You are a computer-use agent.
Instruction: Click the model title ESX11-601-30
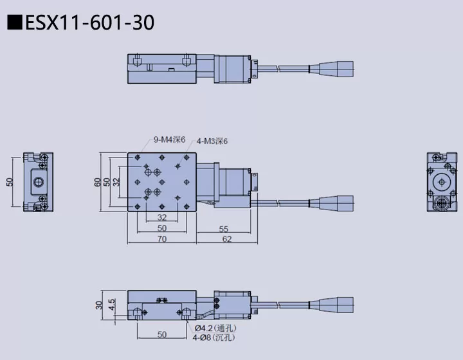[x=89, y=22]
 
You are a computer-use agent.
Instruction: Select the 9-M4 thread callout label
[x=169, y=139]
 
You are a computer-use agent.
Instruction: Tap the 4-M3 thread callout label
[x=212, y=141]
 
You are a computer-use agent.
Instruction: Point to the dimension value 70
[x=161, y=239]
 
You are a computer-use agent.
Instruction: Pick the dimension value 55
[x=223, y=228]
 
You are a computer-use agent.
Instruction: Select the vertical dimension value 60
[x=98, y=182]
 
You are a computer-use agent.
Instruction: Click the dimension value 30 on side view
[x=99, y=305]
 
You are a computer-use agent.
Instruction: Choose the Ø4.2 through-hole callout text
[x=215, y=328]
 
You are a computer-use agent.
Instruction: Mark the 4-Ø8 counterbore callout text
[x=213, y=337]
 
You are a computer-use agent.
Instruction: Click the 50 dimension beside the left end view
[x=9, y=182]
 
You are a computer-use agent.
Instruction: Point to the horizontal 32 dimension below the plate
[x=161, y=218]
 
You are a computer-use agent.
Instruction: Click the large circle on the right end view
[x=443, y=182]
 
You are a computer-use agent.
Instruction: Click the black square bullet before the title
[x=12, y=23]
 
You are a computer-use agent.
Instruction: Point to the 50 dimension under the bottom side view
[x=161, y=335]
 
